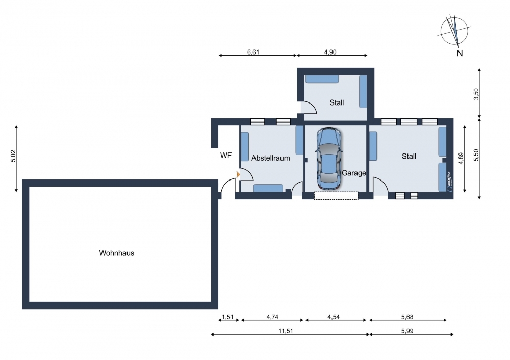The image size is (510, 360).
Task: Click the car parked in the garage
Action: (x=329, y=159)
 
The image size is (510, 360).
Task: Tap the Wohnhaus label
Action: (x=116, y=253)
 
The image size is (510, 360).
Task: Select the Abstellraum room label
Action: (x=271, y=158)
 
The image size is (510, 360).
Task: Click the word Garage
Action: (x=353, y=173)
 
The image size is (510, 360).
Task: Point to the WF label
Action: (x=226, y=156)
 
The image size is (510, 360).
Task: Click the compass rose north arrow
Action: (x=455, y=31)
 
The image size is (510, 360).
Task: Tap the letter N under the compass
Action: (x=460, y=53)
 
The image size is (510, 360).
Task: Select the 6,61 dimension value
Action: (x=253, y=52)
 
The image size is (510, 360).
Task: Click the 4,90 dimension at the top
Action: (x=330, y=52)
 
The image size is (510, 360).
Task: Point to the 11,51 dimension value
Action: (x=286, y=331)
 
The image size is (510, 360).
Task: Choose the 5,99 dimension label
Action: (x=407, y=331)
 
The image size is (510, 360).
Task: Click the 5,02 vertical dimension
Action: (x=13, y=156)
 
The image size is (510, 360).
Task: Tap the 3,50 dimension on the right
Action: (x=476, y=94)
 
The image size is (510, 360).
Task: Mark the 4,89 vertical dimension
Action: (x=461, y=159)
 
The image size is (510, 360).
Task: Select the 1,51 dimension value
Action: (x=227, y=317)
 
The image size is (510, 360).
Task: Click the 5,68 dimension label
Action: (x=407, y=317)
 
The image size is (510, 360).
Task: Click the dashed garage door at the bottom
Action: (x=336, y=195)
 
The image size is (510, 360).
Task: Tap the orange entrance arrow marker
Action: (x=238, y=174)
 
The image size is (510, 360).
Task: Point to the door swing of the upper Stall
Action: (x=310, y=107)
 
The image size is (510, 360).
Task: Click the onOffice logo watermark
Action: (x=449, y=182)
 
